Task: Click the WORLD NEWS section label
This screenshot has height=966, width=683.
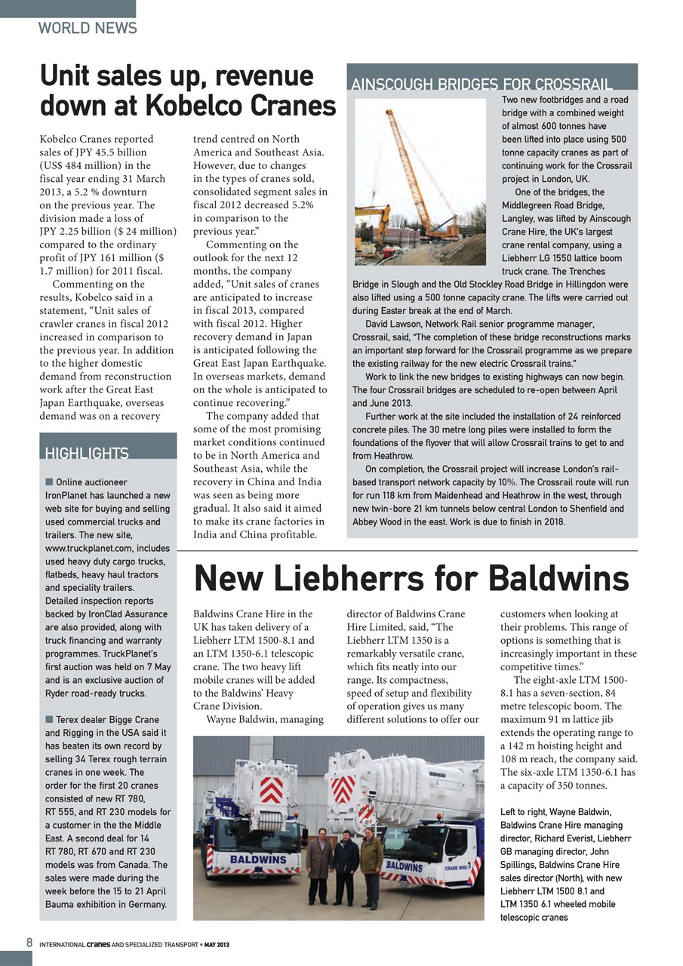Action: click(88, 29)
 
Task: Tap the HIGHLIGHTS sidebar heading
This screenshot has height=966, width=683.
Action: click(86, 454)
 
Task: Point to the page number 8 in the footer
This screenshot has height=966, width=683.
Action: click(29, 943)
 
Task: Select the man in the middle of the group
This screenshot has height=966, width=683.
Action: click(346, 865)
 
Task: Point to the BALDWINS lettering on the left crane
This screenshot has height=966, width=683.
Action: click(257, 860)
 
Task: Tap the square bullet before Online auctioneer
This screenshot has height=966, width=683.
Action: click(49, 481)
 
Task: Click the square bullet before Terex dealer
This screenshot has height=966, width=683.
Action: click(49, 719)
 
